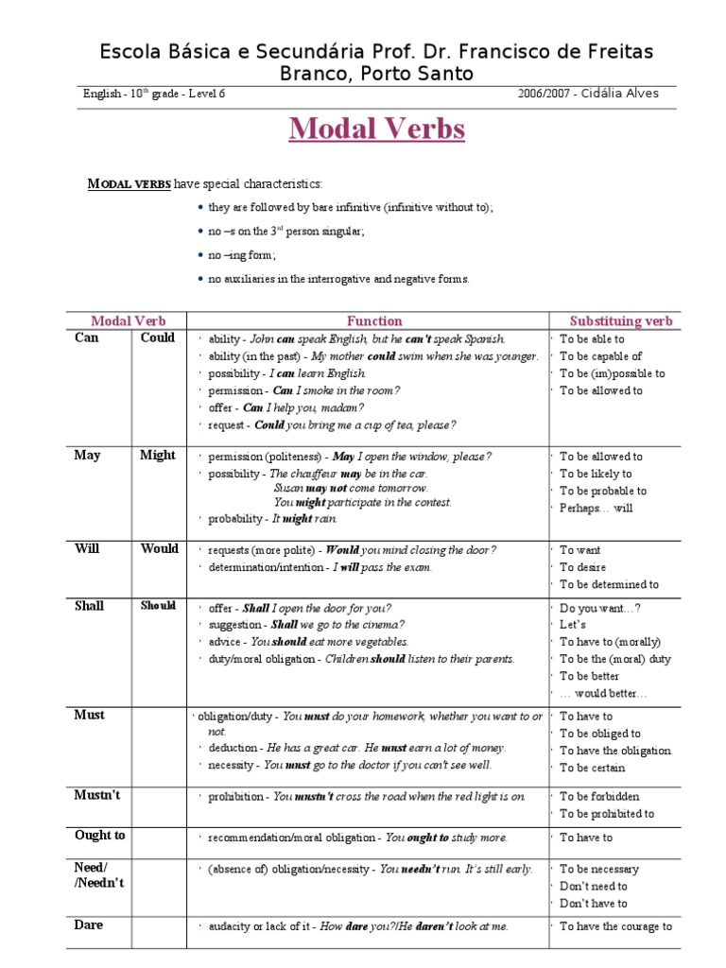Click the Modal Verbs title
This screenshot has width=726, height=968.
(x=376, y=129)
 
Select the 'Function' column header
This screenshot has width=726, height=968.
(x=374, y=321)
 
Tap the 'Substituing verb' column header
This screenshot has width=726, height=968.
(x=621, y=321)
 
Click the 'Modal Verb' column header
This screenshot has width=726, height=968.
(x=128, y=321)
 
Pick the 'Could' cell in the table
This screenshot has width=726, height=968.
(x=158, y=338)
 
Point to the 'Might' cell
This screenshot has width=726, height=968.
(x=158, y=456)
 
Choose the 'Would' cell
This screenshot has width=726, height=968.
(x=159, y=549)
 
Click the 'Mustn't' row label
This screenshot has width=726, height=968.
(x=97, y=796)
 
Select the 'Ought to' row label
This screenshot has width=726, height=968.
(x=99, y=836)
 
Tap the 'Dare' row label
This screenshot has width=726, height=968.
(x=89, y=925)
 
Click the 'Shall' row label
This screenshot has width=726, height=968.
(x=89, y=607)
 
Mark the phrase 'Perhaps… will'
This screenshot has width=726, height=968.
(x=596, y=509)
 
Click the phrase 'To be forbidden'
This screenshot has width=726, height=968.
(x=599, y=797)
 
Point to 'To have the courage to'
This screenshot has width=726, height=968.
(x=615, y=926)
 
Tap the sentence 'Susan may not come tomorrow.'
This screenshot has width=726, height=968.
(x=351, y=489)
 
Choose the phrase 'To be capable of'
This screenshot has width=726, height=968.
(x=600, y=356)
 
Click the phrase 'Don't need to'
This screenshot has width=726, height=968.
(x=594, y=887)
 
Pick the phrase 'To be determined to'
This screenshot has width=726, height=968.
(x=609, y=585)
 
